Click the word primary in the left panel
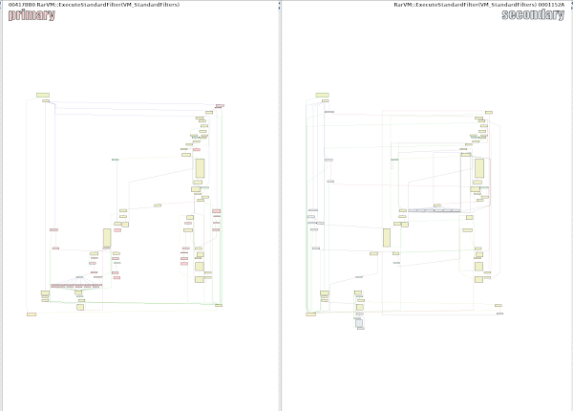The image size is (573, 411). click(26, 15)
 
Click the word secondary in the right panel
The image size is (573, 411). click(532, 15)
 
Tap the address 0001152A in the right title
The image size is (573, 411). click(551, 5)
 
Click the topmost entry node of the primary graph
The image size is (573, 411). click(43, 96)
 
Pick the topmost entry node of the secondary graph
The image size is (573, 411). click(322, 96)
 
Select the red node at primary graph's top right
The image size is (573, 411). click(220, 106)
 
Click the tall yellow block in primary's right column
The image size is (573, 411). click(200, 168)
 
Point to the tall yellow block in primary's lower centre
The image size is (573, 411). click(107, 238)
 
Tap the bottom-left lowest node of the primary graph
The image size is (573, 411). click(32, 314)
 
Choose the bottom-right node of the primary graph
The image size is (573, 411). click(219, 305)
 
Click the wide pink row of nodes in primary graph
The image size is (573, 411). click(76, 286)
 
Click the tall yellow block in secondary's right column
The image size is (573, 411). click(479, 168)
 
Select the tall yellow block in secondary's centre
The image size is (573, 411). click(387, 238)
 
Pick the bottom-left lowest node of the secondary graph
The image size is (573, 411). click(310, 314)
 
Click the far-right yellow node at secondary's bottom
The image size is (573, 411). click(499, 306)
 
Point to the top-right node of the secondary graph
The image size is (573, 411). click(488, 111)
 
